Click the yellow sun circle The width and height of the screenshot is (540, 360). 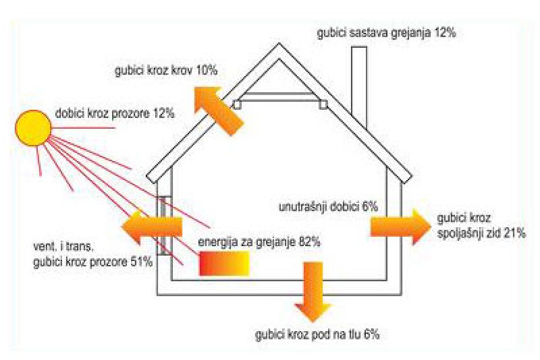click(33, 128)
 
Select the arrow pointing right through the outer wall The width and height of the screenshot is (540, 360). click(400, 227)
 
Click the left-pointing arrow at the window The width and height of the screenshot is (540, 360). click(152, 227)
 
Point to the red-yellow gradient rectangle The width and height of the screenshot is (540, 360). click(224, 264)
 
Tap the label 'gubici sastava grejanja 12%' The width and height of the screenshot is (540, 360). click(387, 34)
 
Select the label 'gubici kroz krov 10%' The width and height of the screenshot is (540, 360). click(166, 71)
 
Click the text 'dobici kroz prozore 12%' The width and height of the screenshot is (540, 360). click(114, 113)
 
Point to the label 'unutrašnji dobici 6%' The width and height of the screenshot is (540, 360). click(328, 207)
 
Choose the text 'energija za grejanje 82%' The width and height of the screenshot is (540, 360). click(259, 242)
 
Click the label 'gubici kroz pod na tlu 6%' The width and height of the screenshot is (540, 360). click(317, 334)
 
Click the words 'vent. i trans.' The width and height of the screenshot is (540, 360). click(64, 247)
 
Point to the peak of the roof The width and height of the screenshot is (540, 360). click(279, 44)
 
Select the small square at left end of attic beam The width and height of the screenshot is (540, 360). click(237, 104)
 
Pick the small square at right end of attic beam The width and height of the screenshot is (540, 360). click(323, 104)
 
